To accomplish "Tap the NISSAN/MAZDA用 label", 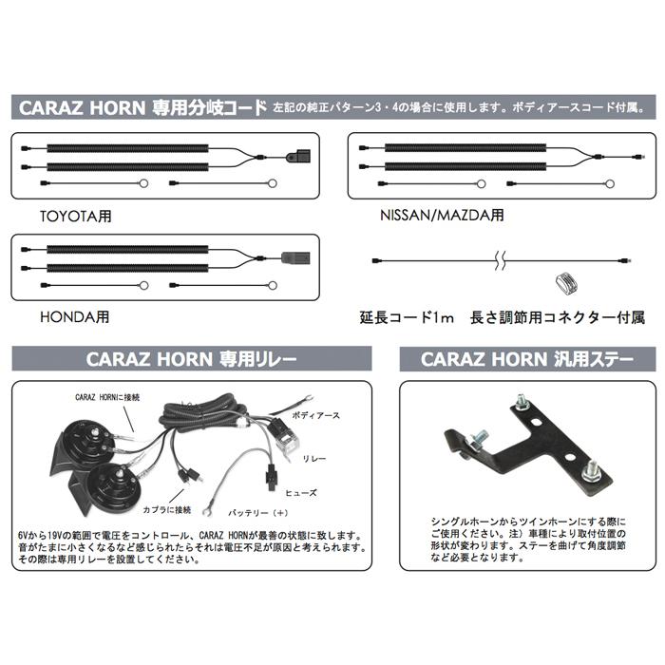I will click(442, 215).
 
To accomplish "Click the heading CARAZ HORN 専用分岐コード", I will click(142, 107).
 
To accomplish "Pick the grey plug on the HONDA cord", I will click(292, 255).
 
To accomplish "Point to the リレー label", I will click(314, 458).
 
